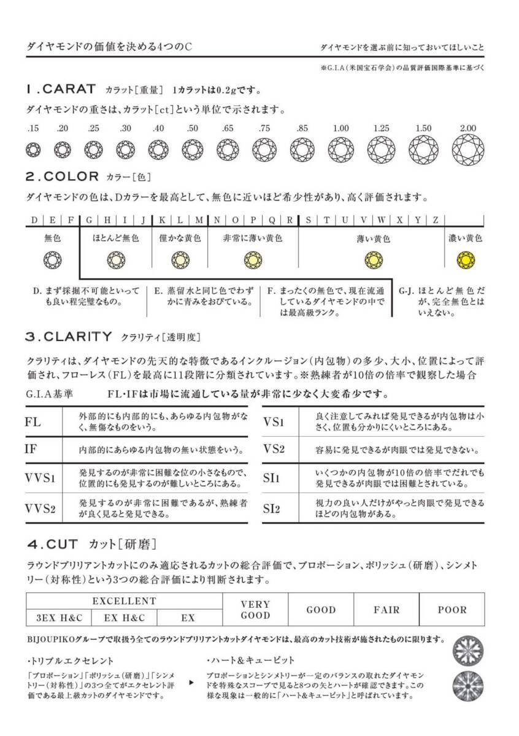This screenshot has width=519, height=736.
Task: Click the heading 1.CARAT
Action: pyautogui.click(x=61, y=90)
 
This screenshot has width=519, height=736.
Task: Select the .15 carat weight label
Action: pyautogui.click(x=33, y=128)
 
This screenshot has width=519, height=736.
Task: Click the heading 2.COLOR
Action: pyautogui.click(x=62, y=177)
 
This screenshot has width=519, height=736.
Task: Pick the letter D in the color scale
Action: pyautogui.click(x=34, y=220)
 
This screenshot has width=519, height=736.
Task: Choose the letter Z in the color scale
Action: pyautogui.click(x=435, y=220)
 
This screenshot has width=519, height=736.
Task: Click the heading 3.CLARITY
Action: pyautogui.click(x=68, y=336)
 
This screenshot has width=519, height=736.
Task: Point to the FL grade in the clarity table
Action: pyautogui.click(x=33, y=423)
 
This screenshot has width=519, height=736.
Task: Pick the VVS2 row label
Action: pyautogui.click(x=40, y=508)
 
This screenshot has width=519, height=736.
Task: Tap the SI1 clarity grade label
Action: pyautogui.click(x=271, y=478)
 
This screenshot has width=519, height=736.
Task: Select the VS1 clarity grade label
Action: pyautogui.click(x=274, y=422)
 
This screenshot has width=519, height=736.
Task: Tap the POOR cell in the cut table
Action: pyautogui.click(x=452, y=610)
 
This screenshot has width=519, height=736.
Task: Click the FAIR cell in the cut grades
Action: pyautogui.click(x=386, y=610)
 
